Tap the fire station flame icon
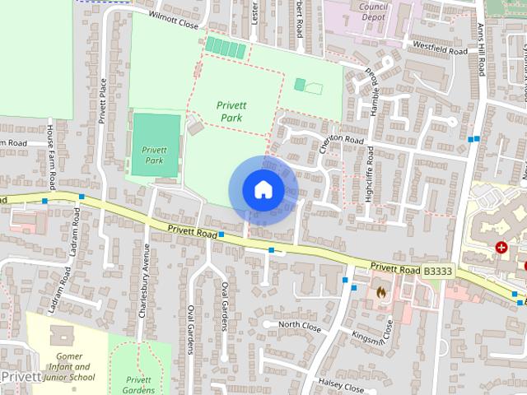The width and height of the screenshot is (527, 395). click(380, 290)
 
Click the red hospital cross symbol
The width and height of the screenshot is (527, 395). click(501, 247)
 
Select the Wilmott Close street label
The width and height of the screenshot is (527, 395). click(175, 20)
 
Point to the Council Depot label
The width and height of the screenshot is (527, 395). click(374, 10)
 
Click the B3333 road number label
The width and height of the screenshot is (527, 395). click(438, 270)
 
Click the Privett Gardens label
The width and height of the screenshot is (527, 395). click(139, 384)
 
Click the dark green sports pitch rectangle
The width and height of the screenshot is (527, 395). click(156, 145)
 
